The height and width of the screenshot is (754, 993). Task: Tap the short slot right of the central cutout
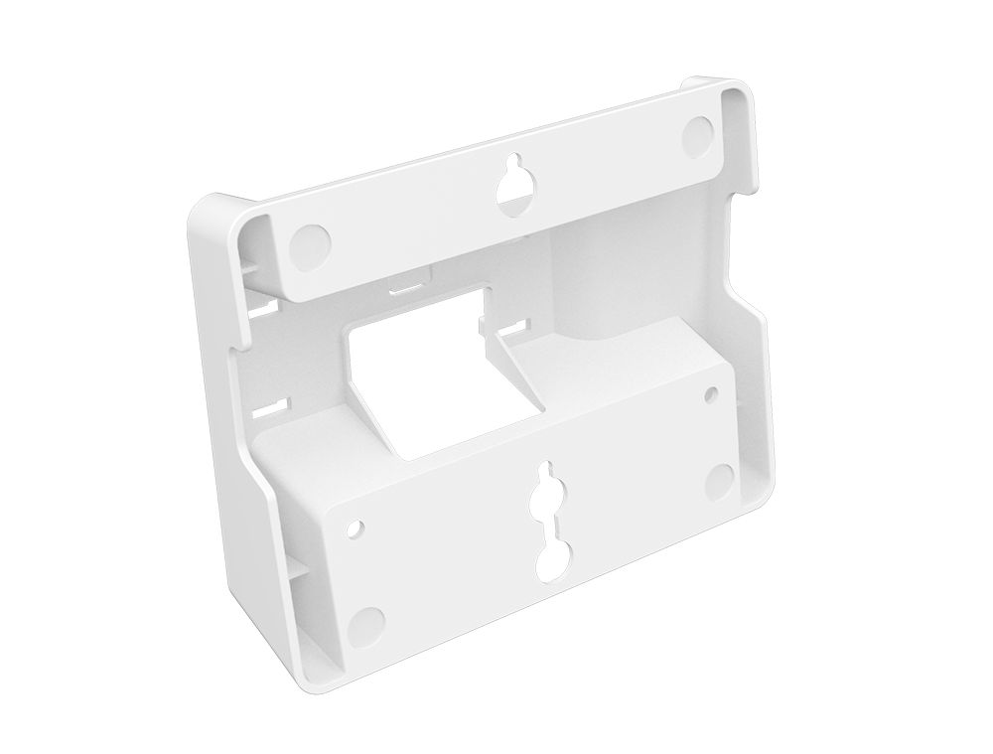point(514,324)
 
